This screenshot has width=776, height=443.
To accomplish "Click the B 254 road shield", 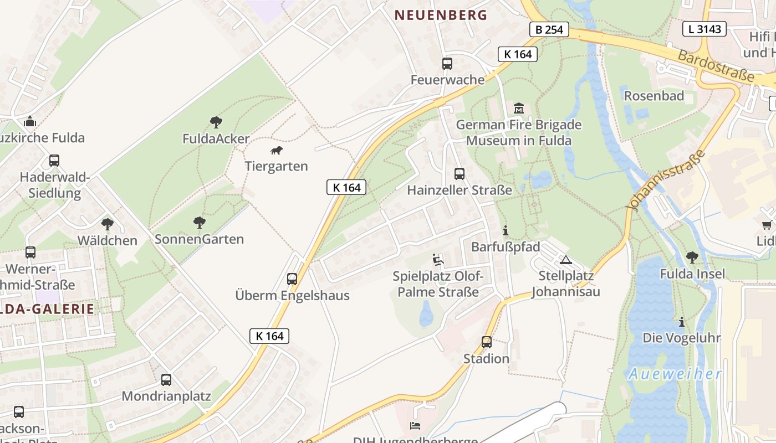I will tap(549, 29).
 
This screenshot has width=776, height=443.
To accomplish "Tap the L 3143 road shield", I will tap(704, 29).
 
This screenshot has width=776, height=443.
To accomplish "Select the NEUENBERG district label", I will tap(441, 15).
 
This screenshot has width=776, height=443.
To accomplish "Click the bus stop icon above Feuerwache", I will tap(447, 64).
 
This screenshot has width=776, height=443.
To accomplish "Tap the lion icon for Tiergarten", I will tap(276, 151).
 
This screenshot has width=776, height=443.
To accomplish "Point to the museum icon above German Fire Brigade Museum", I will tap(519, 107).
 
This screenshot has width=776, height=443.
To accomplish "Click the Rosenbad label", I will tap(654, 96).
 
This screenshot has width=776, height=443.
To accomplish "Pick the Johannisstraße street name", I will tap(665, 179).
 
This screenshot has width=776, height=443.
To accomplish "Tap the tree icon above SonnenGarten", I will tap(200, 223).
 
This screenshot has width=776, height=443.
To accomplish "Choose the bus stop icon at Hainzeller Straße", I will tap(460, 174).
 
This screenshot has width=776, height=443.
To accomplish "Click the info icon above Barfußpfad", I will tap(505, 230).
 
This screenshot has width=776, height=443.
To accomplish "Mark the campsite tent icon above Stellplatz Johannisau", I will tap(565, 260).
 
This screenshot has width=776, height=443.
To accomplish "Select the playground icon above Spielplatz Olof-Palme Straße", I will tap(438, 259).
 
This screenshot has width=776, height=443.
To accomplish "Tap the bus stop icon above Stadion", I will tap(487, 342).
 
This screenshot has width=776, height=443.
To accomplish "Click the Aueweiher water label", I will tap(675, 374).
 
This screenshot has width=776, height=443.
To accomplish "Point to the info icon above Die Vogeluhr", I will tap(682, 322).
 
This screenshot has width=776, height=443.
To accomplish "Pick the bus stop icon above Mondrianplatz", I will tap(166, 380).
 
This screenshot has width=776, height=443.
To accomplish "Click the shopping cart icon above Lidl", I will tap(767, 225).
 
